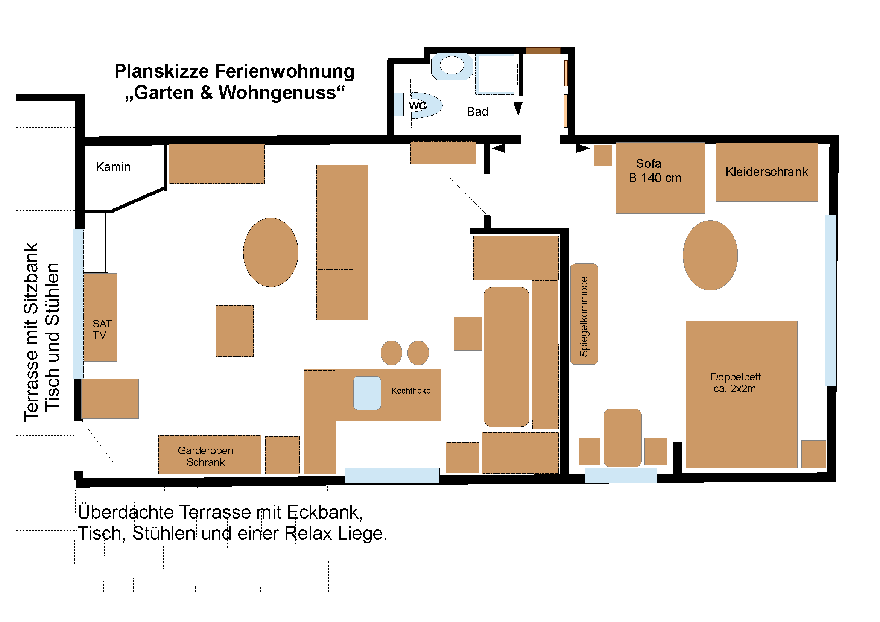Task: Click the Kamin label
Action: pos(113,167)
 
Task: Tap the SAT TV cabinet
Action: pos(100,317)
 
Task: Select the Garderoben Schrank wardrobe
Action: pos(210,455)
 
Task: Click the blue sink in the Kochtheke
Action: pos(367,393)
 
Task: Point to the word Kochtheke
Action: pos(411,391)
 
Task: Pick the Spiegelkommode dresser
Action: pos(584,314)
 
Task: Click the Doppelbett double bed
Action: pos(742,394)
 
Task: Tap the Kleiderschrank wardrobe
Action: pos(766,172)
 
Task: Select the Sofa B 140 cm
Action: pos(660,178)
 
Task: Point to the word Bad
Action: pos(477,112)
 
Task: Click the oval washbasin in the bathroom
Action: pos(452,65)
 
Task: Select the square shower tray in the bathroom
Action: pos(496,75)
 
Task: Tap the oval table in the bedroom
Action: pos(710,255)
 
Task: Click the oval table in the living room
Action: pos(271,252)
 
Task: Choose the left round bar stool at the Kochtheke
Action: pos(391,353)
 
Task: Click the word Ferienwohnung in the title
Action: pos(285,71)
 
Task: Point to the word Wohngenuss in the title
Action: pos(277,93)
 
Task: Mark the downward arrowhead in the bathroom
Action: pos(518,109)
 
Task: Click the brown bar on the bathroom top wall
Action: pos(543,50)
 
